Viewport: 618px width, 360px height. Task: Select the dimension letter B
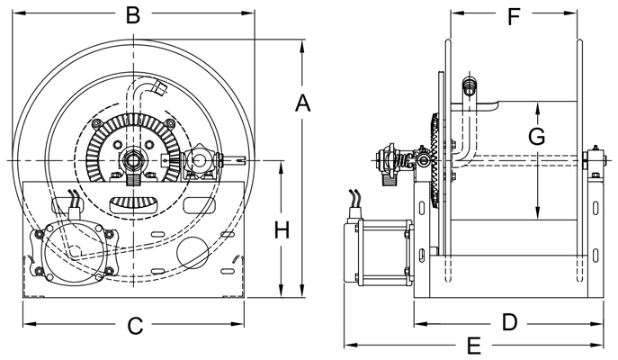tap(133, 15)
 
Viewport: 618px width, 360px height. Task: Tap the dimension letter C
tap(135, 326)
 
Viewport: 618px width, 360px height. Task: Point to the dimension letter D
tap(509, 321)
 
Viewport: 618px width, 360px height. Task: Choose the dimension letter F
tap(515, 15)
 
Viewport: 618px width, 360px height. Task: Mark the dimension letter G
tap(536, 137)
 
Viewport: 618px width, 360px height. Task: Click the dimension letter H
tap(282, 230)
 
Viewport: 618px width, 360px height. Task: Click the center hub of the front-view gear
tap(133, 160)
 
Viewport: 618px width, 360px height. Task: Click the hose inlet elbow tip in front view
tap(159, 87)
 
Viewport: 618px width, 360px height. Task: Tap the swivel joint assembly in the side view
tap(396, 163)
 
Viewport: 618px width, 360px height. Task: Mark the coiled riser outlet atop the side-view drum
tap(468, 87)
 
